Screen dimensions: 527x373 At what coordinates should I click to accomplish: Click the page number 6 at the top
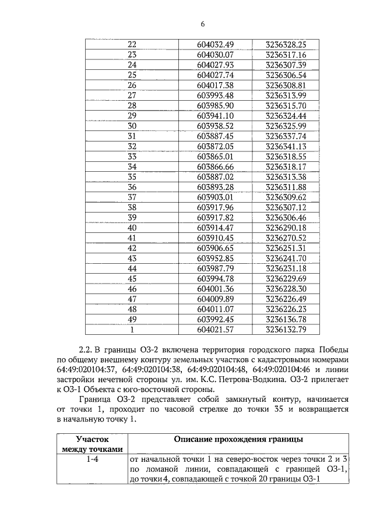coord(202,24)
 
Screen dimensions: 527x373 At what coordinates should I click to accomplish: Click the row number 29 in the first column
coord(131,115)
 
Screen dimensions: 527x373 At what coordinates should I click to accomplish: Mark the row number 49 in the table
coord(131,318)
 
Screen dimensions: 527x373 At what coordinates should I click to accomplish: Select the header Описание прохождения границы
coord(238,439)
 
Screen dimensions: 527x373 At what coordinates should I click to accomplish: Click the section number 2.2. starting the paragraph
coord(86,349)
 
